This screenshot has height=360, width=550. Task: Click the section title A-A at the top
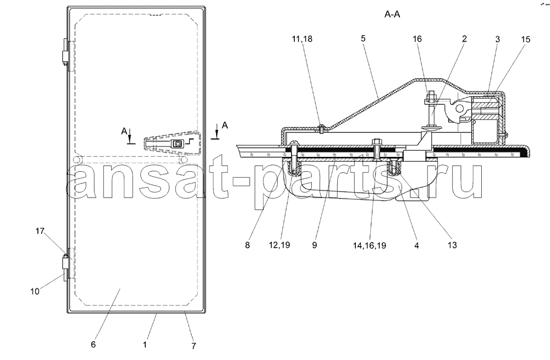tap(392, 14)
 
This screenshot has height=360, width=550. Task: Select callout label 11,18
tap(302, 39)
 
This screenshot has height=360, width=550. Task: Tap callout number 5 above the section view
tap(363, 39)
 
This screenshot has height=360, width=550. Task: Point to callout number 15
tap(525, 39)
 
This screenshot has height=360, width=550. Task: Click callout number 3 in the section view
tap(497, 39)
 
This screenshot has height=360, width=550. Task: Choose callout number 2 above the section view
tap(464, 39)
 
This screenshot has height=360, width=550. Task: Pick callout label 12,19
tap(279, 245)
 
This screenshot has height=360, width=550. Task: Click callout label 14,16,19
tap(370, 246)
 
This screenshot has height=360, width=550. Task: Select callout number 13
tap(452, 245)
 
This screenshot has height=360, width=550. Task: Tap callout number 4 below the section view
tap(416, 246)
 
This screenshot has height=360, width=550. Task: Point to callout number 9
tap(314, 245)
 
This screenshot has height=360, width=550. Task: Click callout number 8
tap(248, 245)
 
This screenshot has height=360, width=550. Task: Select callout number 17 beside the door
tap(40, 231)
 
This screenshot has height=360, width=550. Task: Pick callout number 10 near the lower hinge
tap(35, 291)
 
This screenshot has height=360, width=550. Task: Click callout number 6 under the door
tap(93, 344)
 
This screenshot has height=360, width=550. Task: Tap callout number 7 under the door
tap(194, 346)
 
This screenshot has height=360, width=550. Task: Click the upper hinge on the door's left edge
tap(65, 52)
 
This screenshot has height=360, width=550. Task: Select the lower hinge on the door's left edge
tap(65, 267)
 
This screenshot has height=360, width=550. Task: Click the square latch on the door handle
tap(178, 143)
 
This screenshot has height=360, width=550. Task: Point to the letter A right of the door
tap(225, 126)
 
